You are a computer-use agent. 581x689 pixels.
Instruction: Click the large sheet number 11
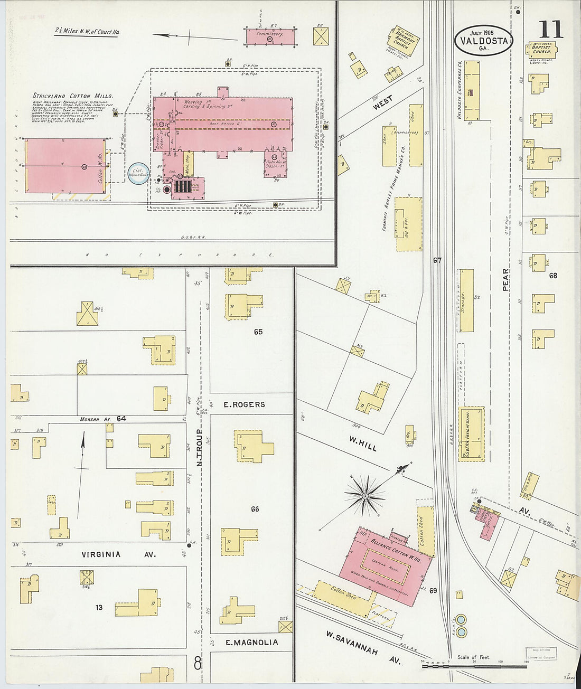(x=551, y=29)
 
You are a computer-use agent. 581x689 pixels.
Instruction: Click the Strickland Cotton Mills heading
(x=73, y=96)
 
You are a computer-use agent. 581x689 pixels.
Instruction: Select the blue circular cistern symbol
(x=138, y=173)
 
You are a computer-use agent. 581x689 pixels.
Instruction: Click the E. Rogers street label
(x=244, y=404)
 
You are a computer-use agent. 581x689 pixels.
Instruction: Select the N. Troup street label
(x=200, y=448)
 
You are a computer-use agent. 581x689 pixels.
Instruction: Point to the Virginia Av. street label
(x=101, y=554)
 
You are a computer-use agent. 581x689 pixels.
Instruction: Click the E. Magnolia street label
(x=245, y=642)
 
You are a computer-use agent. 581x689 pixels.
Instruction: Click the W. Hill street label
(x=363, y=444)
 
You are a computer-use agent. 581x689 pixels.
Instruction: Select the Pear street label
(x=505, y=279)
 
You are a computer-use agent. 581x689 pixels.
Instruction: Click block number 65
(x=258, y=332)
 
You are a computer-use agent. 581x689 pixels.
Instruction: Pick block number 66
(x=255, y=509)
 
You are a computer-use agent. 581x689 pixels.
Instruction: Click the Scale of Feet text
(x=474, y=657)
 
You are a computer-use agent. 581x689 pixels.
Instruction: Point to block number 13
(x=99, y=608)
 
